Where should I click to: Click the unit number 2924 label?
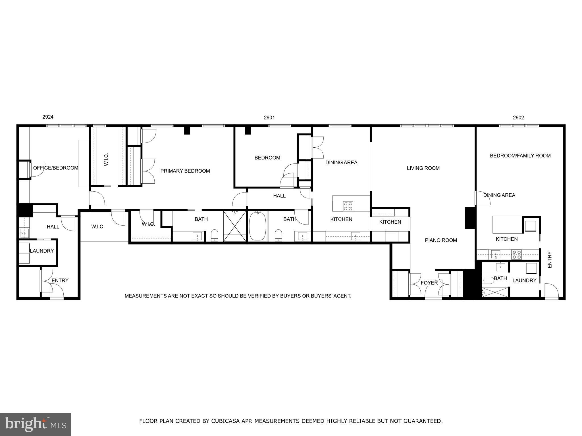point(48,117)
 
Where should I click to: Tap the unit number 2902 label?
point(518,118)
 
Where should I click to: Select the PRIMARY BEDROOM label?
point(185,171)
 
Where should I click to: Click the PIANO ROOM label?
point(441,240)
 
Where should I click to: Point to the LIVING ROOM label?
point(423,168)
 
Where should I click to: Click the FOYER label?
point(429,283)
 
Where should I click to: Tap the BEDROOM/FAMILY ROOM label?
point(520,156)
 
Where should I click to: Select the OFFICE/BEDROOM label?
point(56,168)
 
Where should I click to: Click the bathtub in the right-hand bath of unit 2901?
point(257,226)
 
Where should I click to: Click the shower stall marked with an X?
point(235,226)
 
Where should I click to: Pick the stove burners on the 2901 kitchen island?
point(348,206)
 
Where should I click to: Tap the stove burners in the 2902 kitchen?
point(517,254)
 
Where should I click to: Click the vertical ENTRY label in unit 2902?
point(550,260)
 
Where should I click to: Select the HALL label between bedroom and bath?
point(279,196)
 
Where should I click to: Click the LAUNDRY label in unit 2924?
point(42,251)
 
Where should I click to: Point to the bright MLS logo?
point(36,424)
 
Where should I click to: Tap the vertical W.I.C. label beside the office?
point(106,159)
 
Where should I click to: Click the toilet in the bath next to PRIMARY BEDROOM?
point(215,235)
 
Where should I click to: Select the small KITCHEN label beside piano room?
point(390,222)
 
